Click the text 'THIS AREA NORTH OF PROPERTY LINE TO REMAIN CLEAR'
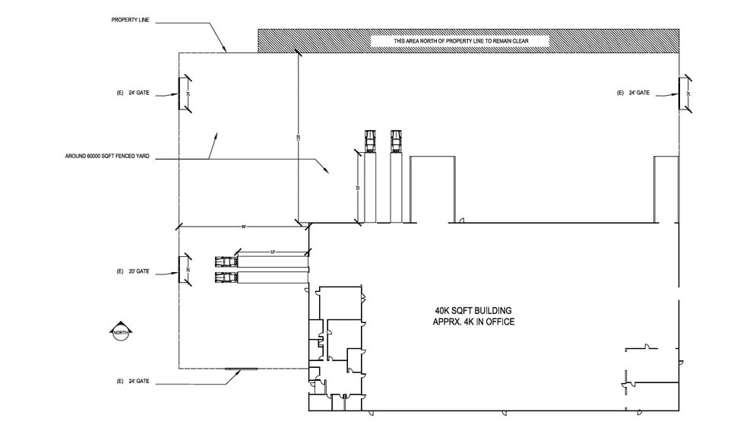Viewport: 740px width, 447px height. (460, 40)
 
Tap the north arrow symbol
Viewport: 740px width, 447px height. (120, 331)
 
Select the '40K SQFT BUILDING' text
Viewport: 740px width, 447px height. (473, 311)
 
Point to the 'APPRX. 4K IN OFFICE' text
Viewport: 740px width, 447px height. (473, 322)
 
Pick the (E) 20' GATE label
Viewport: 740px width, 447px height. (132, 271)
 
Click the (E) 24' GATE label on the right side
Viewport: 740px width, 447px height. (633, 93)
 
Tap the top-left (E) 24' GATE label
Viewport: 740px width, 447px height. (132, 93)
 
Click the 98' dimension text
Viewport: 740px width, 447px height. (245, 226)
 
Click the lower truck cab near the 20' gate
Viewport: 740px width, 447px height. (226, 277)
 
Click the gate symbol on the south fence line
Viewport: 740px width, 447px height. (242, 369)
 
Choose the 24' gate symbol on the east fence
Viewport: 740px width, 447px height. (687, 94)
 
